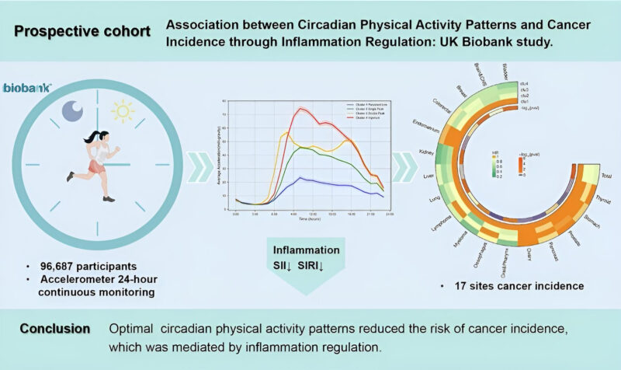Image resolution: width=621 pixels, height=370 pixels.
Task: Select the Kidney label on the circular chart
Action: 425,152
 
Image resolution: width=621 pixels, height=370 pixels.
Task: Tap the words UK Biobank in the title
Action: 453,42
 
